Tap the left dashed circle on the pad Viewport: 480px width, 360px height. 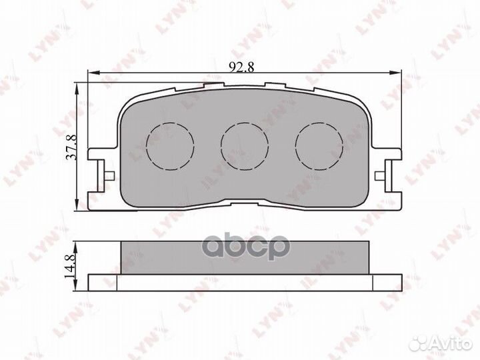[x=169, y=145]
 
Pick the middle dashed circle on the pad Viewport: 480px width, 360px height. [x=244, y=145]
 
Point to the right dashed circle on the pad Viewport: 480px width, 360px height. [x=319, y=145]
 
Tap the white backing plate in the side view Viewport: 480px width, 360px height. [x=243, y=282]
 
